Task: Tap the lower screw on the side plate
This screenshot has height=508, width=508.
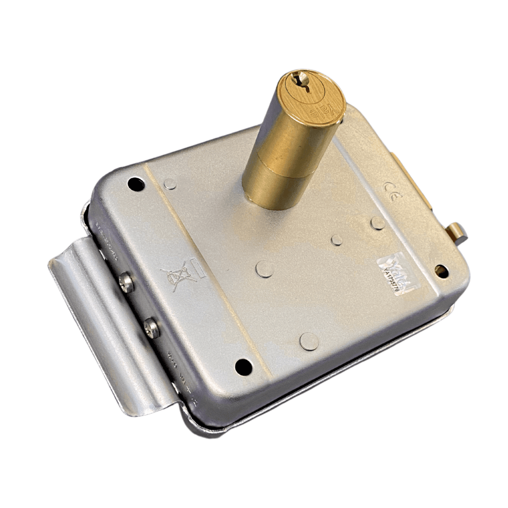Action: [152, 327]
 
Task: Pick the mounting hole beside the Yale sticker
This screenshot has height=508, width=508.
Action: [441, 271]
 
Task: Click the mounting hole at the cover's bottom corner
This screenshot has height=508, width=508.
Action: [243, 367]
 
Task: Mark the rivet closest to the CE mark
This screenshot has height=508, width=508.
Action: [378, 223]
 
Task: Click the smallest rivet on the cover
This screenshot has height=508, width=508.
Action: [337, 240]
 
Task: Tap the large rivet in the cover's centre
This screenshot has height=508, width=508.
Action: [265, 268]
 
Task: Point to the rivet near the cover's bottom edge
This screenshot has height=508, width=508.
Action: [309, 341]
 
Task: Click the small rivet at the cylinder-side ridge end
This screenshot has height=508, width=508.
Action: [170, 184]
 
